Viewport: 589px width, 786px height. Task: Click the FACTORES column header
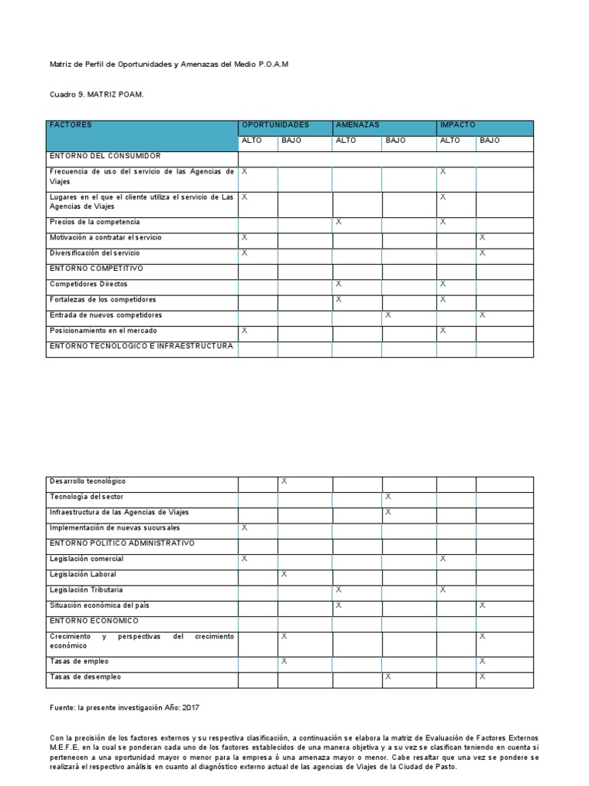pos(71,124)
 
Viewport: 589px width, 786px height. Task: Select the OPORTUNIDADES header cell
pos(275,124)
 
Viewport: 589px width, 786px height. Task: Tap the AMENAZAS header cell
pos(357,124)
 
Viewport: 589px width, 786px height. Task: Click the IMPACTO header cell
pos(458,124)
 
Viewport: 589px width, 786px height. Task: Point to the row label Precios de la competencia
pos(94,222)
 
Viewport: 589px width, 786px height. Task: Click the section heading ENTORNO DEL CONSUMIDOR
pos(105,156)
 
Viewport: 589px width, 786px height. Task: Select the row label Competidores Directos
pos(89,284)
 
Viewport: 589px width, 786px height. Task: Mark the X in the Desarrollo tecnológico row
pos(284,481)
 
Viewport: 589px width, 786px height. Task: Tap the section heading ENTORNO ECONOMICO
pos(94,620)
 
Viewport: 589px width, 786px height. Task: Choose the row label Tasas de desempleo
pos(85,677)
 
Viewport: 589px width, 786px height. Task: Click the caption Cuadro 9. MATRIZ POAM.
pos(97,94)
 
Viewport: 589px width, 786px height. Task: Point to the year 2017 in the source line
pos(190,708)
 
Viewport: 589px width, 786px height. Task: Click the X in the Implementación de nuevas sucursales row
pos(245,528)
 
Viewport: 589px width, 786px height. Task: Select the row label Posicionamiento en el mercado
pos(104,330)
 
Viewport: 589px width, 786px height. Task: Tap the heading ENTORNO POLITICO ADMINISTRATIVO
pos(123,543)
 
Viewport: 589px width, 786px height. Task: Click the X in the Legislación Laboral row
pos(284,574)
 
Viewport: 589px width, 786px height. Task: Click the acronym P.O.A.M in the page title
pos(274,65)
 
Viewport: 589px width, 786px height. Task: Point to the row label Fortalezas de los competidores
pos(103,299)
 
